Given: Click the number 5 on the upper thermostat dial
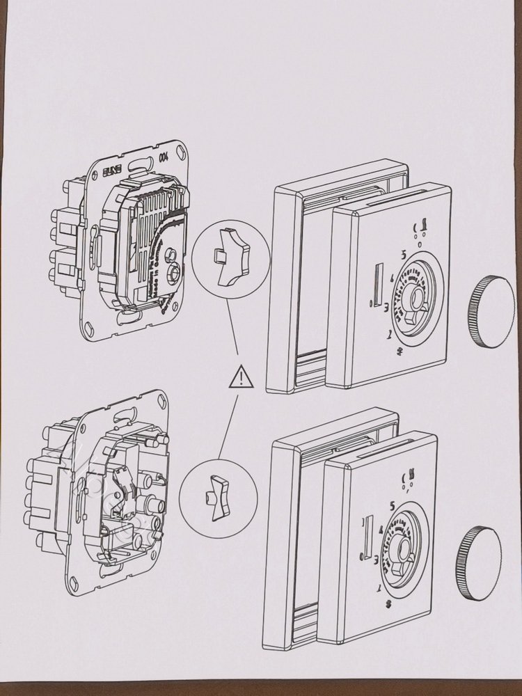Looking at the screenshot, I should [x=403, y=255].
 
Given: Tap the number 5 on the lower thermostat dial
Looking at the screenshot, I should [x=393, y=506].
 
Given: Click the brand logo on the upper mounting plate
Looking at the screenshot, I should [x=113, y=169].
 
